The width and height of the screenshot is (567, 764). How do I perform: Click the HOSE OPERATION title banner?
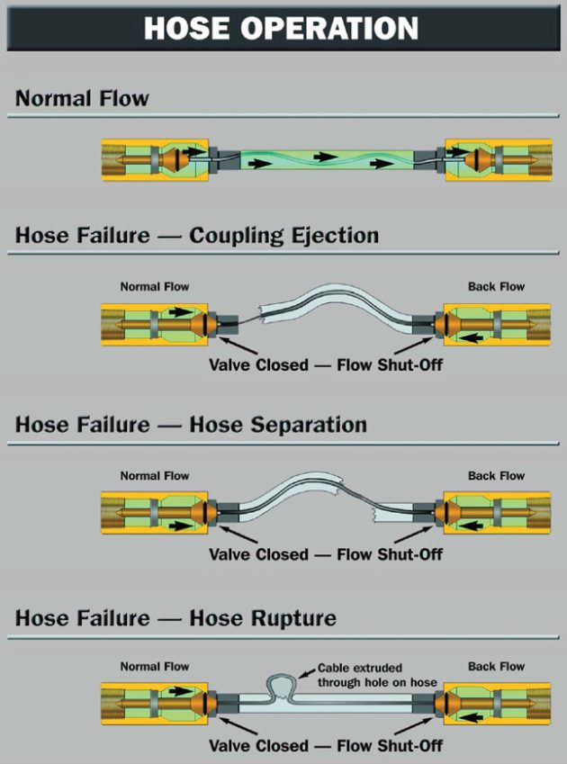point(283,27)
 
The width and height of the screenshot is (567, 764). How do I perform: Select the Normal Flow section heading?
point(82,98)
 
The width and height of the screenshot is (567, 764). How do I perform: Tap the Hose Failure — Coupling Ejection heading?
point(197,236)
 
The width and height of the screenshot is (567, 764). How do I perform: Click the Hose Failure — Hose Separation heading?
point(191,424)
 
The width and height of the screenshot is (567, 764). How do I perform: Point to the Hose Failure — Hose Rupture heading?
point(175,618)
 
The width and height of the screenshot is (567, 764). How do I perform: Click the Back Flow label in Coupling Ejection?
point(496,287)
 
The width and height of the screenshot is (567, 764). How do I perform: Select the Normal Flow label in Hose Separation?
point(155,475)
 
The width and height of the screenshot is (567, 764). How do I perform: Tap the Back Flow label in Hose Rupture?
point(496,667)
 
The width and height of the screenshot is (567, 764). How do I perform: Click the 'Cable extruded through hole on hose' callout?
point(377,676)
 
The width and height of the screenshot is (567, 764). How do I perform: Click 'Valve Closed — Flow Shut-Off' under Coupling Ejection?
point(326,365)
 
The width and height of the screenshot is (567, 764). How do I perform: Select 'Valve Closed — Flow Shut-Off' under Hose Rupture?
point(326,746)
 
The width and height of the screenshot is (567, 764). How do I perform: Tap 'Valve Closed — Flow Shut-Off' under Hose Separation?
point(326,554)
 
